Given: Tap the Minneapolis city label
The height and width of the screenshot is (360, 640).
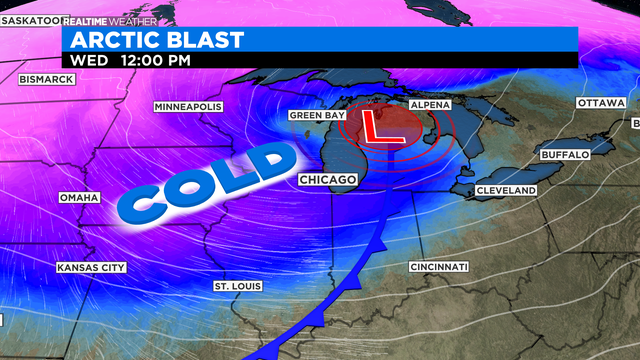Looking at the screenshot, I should click(x=187, y=107).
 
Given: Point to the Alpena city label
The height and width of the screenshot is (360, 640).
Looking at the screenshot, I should click(x=431, y=104).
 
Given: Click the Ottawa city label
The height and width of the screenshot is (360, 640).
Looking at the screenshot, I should click(x=601, y=104).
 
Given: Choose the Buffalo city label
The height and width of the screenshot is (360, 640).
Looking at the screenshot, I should click(x=565, y=155).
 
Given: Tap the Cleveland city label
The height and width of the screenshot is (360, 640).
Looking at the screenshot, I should click(x=506, y=190).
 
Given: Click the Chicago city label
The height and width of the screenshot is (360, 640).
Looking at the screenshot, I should click(x=328, y=179).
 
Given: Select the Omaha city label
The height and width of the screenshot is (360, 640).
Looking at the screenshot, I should click(x=80, y=197).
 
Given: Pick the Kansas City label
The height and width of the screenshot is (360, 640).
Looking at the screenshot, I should click(x=91, y=267).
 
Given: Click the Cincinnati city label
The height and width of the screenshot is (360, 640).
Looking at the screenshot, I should click(x=439, y=267).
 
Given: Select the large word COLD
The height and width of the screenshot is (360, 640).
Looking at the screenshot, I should click(x=207, y=180).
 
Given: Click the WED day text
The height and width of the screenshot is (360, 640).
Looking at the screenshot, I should click(x=86, y=59).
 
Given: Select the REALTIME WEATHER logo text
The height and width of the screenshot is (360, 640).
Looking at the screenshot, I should click(x=109, y=20).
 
